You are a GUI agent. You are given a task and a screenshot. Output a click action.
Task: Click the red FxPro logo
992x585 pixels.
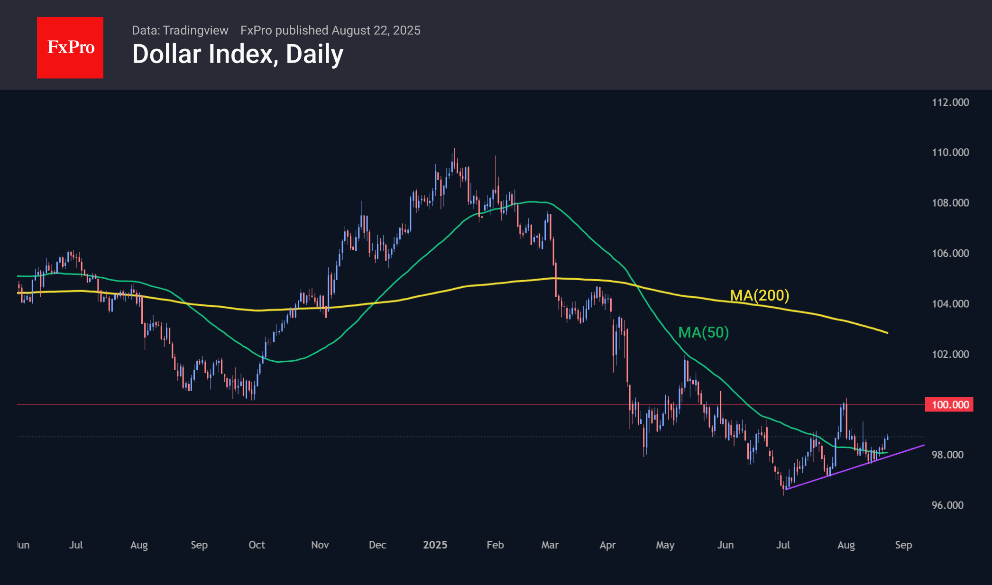click(x=70, y=47)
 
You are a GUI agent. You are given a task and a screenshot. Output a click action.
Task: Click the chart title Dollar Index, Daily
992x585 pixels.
click(x=238, y=54)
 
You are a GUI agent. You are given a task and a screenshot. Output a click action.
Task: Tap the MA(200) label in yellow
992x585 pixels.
click(x=759, y=295)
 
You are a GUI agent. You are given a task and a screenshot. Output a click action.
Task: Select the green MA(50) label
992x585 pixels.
click(x=703, y=332)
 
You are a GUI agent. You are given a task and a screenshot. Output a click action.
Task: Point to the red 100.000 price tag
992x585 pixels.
click(x=949, y=404)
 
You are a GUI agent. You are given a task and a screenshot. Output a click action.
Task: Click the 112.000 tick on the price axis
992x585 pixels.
click(x=950, y=102)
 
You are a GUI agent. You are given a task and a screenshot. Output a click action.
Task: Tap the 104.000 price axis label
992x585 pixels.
click(x=950, y=304)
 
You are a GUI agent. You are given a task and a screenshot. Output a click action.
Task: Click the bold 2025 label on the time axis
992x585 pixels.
click(x=435, y=545)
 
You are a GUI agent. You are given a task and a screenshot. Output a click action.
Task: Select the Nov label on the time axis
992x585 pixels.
click(x=320, y=545)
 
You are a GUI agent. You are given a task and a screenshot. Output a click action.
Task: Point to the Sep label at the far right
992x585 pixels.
click(x=903, y=545)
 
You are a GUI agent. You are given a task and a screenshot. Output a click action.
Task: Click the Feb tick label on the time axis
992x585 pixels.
click(x=495, y=545)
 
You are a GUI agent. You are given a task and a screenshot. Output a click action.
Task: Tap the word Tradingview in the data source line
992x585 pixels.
click(x=195, y=30)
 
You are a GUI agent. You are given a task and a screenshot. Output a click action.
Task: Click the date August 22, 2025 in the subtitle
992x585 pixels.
click(x=376, y=30)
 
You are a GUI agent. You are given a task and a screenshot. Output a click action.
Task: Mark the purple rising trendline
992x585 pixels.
click(x=854, y=467)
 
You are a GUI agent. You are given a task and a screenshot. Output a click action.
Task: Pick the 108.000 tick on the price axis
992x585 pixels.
click(x=950, y=203)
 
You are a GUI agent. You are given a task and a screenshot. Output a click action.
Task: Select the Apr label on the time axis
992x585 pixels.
click(x=607, y=545)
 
